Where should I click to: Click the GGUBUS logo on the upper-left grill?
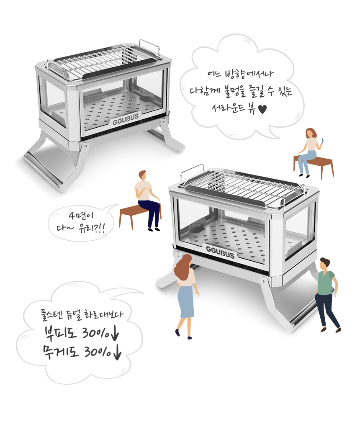coord(126,119)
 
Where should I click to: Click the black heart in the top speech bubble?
coord(262,110)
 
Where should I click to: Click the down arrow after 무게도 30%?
coord(117,352)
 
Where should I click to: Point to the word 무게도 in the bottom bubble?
coord(60,352)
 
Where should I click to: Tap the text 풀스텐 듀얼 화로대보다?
coord(82,315)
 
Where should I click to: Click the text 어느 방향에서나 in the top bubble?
coord(240,74)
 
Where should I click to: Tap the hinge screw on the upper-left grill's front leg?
coord(86,146)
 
